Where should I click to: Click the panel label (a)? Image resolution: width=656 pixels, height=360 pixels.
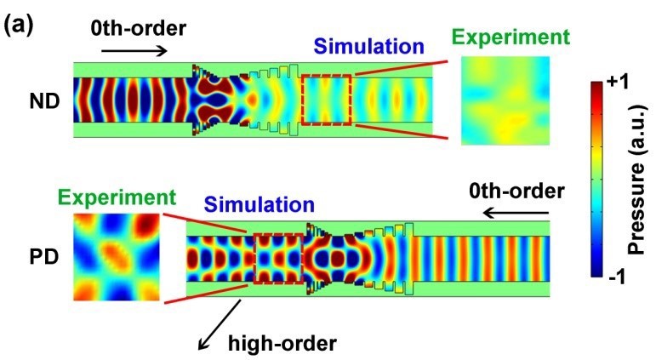tap(18, 26)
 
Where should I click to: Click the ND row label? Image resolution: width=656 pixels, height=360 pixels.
tap(44, 102)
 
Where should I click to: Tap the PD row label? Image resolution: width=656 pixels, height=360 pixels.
tap(44, 257)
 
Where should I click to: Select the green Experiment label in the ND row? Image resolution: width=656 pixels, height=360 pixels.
tap(511, 37)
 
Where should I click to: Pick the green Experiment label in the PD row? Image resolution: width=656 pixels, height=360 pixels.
tap(117, 197)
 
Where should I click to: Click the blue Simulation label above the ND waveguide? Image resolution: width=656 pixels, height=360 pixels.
tap(369, 46)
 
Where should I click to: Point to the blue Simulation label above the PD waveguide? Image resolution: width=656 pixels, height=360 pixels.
tap(260, 205)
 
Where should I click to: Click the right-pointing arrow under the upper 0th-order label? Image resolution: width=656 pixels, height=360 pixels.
tap(134, 51)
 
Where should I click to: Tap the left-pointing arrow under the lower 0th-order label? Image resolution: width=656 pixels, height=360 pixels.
tap(516, 214)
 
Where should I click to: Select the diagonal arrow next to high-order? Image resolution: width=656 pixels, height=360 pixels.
tap(220, 324)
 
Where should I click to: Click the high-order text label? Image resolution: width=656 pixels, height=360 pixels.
tap(282, 343)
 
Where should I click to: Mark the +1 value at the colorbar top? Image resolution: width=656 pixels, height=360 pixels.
tap(617, 82)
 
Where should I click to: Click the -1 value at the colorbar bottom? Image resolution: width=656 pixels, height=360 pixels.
tap(617, 277)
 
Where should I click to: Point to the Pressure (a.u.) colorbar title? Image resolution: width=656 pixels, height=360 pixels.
tap(638, 180)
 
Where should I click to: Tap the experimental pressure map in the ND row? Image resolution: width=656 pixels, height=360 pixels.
tap(505, 101)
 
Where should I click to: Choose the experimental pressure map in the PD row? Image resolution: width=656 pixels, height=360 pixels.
tap(117, 257)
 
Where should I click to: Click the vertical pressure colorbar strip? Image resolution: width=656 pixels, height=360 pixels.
tap(596, 180)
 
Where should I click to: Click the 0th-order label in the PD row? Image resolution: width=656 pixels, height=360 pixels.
tap(516, 191)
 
